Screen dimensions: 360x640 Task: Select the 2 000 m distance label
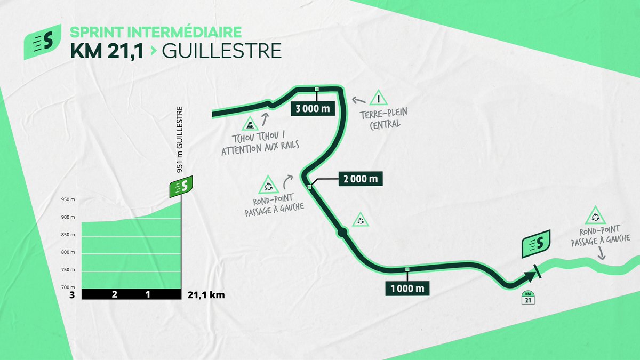coord(361,179)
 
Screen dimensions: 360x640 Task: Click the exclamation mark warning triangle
coord(378,98)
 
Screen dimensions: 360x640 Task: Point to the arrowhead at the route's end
coord(530,276)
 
